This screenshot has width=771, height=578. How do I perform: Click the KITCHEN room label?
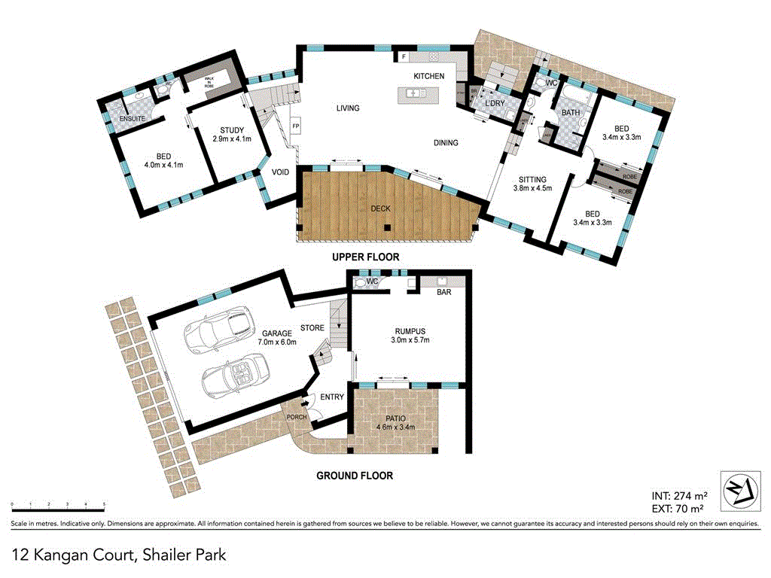pyautogui.click(x=428, y=76)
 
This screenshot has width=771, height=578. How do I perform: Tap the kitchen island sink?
pyautogui.click(x=413, y=93)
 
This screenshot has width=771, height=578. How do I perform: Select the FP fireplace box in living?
pyautogui.click(x=296, y=126)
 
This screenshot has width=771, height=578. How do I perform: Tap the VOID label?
pyautogui.click(x=280, y=172)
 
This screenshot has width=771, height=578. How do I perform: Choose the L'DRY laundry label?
pyautogui.click(x=494, y=103)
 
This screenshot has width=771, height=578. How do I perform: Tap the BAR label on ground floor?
pyautogui.click(x=444, y=292)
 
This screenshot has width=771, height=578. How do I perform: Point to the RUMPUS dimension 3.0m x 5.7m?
pyautogui.click(x=410, y=340)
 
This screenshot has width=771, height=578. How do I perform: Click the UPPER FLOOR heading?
pyautogui.click(x=366, y=257)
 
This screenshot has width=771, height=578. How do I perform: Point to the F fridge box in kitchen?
pyautogui.click(x=404, y=57)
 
